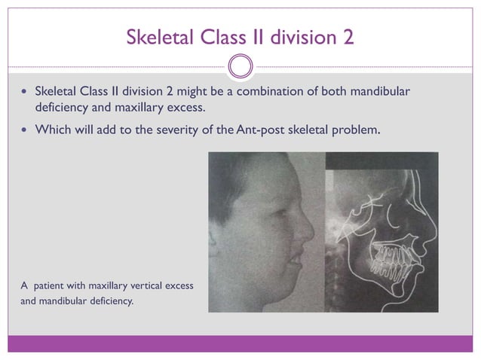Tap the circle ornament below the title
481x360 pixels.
(x=240, y=66)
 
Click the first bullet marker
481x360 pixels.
(x=23, y=93)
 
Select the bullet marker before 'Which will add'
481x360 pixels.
(x=23, y=130)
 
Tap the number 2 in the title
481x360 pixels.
(x=347, y=37)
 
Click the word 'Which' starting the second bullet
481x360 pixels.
(x=53, y=130)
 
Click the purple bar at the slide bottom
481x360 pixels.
(x=240, y=343)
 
